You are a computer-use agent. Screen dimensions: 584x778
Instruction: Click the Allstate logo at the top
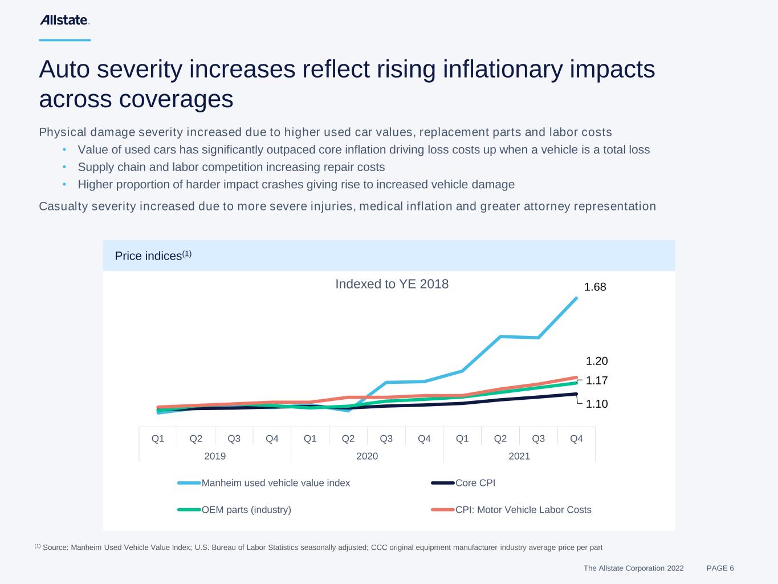coord(64,20)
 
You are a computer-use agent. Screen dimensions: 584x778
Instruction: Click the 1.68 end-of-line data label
coord(595,287)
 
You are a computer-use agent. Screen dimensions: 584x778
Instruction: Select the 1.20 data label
coord(597,361)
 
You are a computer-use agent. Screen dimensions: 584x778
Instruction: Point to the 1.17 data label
coord(597,380)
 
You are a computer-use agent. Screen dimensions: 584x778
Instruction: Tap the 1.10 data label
coord(597,404)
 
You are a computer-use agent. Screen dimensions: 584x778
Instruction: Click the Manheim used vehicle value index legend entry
coord(275,483)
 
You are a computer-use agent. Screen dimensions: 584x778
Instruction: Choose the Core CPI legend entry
coord(475,483)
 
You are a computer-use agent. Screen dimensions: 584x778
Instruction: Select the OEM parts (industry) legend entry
coord(246,510)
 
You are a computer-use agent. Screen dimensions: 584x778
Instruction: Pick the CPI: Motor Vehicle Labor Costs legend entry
coord(523,510)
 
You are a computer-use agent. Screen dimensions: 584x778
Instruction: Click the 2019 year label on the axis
coord(215,456)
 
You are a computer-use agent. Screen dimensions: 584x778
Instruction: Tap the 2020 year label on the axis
coord(367,456)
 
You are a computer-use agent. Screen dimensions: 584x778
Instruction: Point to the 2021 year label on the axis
coord(519,456)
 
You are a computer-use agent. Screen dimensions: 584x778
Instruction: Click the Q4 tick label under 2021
coord(576,439)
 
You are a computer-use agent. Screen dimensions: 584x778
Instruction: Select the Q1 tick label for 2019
coord(158,439)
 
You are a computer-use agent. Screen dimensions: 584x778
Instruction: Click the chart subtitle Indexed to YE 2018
coord(392,284)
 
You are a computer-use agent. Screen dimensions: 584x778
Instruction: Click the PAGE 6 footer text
coord(720,568)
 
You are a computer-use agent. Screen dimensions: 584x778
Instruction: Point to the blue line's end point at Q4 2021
coord(576,298)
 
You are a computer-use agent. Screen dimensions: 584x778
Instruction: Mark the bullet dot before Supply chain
coord(65,167)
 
